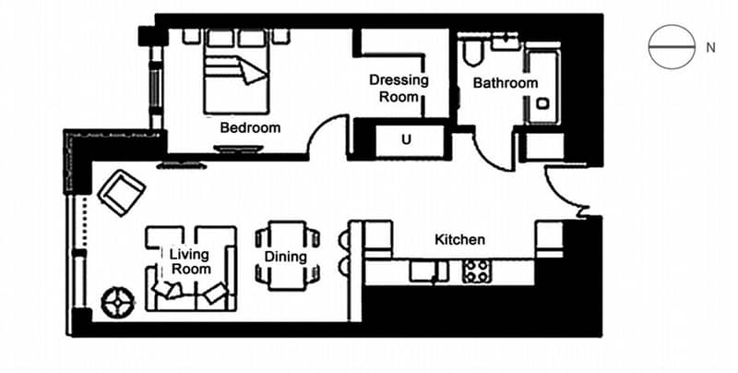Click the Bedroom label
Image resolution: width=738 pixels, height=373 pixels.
click(x=250, y=127)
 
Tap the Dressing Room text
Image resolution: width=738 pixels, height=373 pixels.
click(x=399, y=88)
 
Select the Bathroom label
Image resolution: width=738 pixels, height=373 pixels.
click(x=506, y=83)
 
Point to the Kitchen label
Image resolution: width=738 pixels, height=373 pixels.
click(x=459, y=239)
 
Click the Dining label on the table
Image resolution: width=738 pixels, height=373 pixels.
click(x=286, y=257)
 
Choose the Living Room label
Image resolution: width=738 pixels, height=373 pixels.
click(x=190, y=262)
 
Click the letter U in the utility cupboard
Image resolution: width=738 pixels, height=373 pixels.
click(x=406, y=140)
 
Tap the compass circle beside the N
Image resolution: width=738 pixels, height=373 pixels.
click(x=672, y=47)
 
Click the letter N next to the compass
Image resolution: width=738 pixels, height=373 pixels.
click(x=710, y=48)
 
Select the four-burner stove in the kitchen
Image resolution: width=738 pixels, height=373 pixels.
click(x=476, y=271)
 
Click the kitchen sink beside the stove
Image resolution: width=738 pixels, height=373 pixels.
click(x=428, y=271)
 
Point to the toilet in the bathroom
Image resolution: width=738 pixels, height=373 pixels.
click(x=472, y=51)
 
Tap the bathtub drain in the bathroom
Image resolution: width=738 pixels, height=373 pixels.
click(x=542, y=103)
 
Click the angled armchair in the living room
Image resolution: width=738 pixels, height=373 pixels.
click(x=122, y=192)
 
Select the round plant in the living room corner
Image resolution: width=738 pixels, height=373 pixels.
click(x=118, y=302)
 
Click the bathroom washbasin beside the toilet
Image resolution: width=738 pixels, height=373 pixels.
click(x=505, y=42)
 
